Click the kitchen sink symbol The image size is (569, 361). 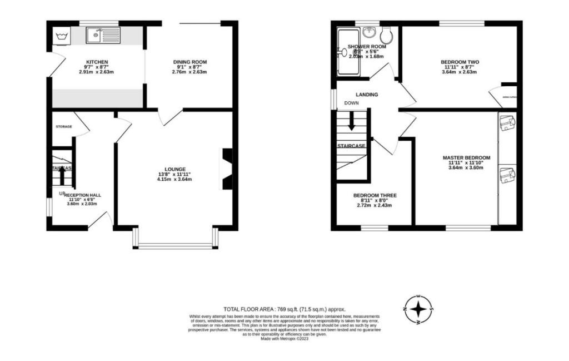point(103,37)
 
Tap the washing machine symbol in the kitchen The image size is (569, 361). point(60,37)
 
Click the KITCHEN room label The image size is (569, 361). point(97,62)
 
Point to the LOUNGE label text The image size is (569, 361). point(174,169)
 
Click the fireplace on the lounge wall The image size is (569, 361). point(227,170)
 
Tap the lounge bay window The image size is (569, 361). point(176,245)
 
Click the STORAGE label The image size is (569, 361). point(63,127)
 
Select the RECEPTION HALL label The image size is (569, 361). point(82,195)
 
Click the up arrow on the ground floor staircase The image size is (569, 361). point(62,175)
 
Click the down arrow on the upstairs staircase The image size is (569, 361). point(351,122)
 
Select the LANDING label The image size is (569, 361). point(367,95)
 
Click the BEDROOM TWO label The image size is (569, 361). point(460,62)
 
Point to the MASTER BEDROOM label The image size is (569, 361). point(467,158)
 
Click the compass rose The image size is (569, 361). point(420,310)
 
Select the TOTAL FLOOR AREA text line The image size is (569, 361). point(284,309)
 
